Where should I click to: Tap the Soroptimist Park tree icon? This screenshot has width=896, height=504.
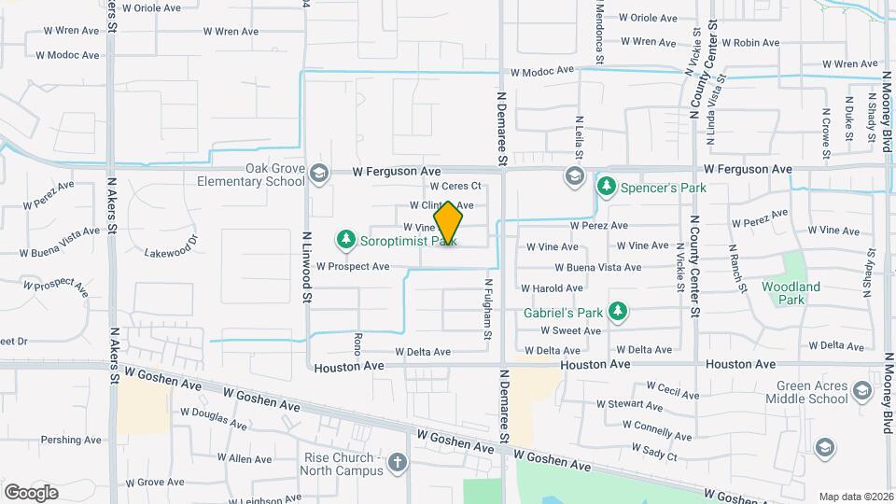pyautogui.click(x=346, y=240)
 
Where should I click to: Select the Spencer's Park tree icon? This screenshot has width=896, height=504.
pyautogui.click(x=606, y=187)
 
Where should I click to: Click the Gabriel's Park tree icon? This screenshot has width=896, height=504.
pyautogui.click(x=616, y=311)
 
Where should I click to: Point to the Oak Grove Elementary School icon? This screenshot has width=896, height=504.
pyautogui.click(x=319, y=173)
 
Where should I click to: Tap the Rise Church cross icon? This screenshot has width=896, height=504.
pyautogui.click(x=399, y=463)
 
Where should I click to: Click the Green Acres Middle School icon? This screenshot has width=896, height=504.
pyautogui.click(x=825, y=449)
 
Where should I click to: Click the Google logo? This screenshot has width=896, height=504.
pyautogui.click(x=31, y=492)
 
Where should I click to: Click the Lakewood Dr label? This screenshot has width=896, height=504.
pyautogui.click(x=172, y=251)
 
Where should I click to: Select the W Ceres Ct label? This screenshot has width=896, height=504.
pyautogui.click(x=455, y=186)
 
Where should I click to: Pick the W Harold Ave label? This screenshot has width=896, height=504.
pyautogui.click(x=552, y=288)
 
